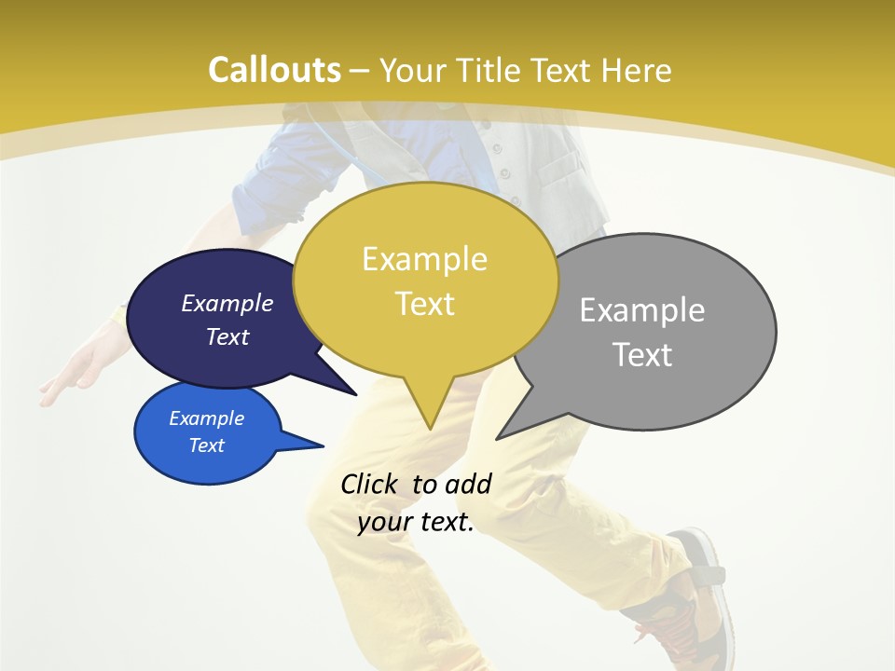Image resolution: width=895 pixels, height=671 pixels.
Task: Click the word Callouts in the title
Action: point(274,70)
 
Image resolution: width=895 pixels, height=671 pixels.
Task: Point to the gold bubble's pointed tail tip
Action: point(430,428)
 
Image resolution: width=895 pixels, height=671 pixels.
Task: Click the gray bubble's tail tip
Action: point(498,438)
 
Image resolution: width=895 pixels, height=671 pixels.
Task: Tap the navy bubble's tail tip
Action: point(355,394)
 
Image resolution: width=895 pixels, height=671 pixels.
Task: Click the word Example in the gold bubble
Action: point(424,259)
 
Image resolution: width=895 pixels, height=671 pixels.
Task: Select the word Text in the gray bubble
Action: point(643,355)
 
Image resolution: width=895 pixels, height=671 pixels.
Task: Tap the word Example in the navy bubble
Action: point(227,303)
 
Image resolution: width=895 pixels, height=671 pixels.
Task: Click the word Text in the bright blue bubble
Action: point(207,445)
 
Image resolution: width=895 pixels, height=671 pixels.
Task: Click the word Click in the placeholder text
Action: point(369,485)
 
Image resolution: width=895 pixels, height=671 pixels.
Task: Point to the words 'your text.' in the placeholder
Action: point(416,523)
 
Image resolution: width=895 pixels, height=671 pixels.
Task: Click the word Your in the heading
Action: point(412,70)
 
